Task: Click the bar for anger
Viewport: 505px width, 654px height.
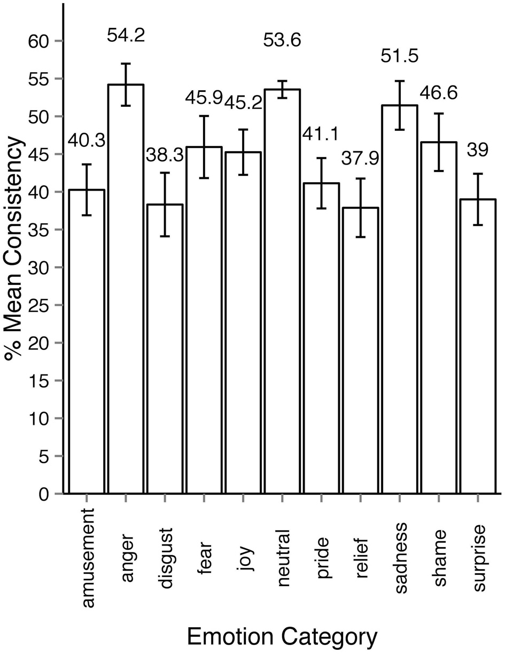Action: click(126, 289)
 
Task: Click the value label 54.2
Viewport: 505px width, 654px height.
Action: click(126, 37)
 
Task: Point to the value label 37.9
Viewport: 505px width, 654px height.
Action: click(360, 158)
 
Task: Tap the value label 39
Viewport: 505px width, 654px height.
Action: click(478, 151)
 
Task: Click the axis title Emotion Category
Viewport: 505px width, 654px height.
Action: click(282, 637)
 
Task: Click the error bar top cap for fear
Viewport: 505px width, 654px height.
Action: click(204, 115)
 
